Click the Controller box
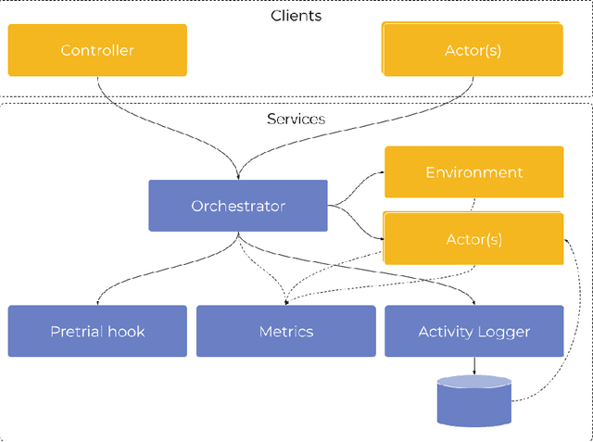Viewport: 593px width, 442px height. [x=97, y=50]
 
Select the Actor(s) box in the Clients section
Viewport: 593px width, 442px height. [x=473, y=50]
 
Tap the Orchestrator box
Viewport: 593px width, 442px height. [x=238, y=206]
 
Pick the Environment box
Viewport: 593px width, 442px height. [x=473, y=172]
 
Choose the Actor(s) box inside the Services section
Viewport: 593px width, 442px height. [x=473, y=239]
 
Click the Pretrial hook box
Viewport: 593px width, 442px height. [x=97, y=331]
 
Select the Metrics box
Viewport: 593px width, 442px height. [x=285, y=331]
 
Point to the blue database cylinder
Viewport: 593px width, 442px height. [x=473, y=400]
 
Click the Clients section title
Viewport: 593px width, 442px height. [x=296, y=16]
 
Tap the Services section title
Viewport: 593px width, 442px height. [x=296, y=119]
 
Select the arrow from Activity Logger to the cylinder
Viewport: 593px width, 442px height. [x=474, y=366]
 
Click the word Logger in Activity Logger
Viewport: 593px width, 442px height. [x=504, y=331]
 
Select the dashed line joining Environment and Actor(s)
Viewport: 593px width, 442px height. [x=474, y=204]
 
